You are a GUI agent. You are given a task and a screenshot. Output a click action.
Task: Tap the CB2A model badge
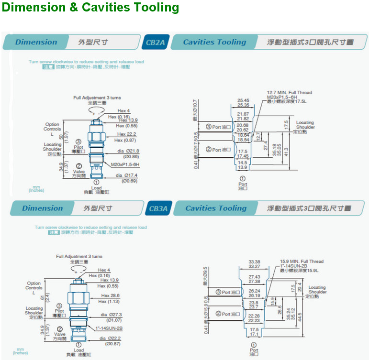point(155,42)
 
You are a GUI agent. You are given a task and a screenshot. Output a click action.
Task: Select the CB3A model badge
point(158,208)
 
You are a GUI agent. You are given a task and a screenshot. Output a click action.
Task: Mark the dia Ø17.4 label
point(126,175)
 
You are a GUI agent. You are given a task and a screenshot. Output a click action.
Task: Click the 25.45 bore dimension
point(243,101)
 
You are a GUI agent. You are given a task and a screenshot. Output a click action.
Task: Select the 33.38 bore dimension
point(255,262)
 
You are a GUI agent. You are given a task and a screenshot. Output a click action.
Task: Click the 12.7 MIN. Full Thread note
point(289,92)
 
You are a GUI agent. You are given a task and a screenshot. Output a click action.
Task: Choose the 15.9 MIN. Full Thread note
point(302,262)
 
